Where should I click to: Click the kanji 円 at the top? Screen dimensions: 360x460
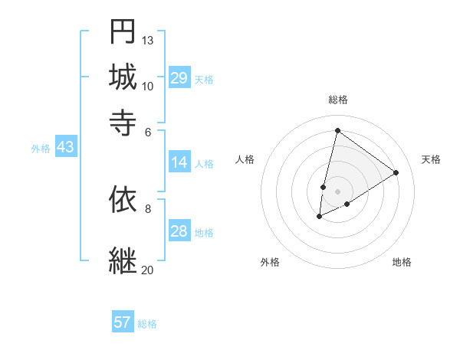point(122,32)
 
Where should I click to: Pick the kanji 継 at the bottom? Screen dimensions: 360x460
point(122,260)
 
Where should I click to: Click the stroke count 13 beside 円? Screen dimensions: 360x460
point(148,40)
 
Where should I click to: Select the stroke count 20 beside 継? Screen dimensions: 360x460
point(147,269)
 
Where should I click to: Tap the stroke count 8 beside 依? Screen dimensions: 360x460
point(148,208)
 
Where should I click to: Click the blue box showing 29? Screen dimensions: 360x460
point(179,78)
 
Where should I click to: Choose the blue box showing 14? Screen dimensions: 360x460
point(179,162)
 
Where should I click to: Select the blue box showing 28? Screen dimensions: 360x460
point(179,231)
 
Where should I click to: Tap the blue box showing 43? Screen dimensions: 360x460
point(65,147)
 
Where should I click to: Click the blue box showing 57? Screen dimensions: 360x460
point(123,322)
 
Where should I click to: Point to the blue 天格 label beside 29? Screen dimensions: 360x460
point(204,80)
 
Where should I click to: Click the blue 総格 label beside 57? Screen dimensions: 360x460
point(147,324)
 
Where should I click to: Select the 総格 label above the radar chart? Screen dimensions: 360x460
point(337,100)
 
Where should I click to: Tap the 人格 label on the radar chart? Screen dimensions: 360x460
point(245,159)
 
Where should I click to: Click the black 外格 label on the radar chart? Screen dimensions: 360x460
point(270,262)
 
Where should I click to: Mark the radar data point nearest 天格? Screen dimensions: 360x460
point(396,173)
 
